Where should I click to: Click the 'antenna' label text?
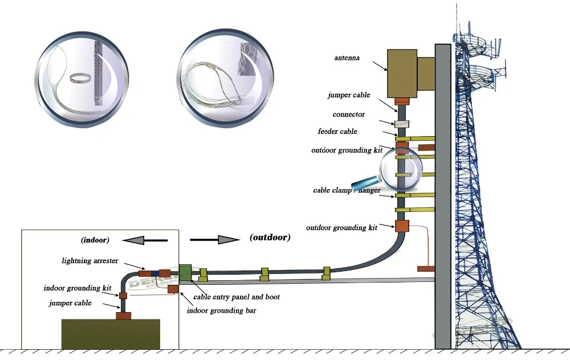tap(347, 58)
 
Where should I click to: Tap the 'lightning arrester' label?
tap(89, 261)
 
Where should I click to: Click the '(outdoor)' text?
tap(270, 238)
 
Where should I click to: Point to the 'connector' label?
tap(348, 114)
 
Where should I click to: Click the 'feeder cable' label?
tap(337, 132)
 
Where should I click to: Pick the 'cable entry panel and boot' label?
tap(237, 297)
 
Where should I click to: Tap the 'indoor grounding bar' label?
tap(221, 310)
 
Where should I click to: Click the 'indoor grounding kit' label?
tap(78, 288)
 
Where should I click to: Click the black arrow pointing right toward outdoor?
tap(213, 240)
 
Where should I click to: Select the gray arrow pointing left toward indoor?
tap(145, 240)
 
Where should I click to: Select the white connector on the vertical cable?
tap(402, 123)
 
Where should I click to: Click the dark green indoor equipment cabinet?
tap(111, 333)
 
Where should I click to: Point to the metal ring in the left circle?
tap(80, 77)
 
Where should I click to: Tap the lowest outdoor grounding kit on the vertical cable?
tap(402, 226)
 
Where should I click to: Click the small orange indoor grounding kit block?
tap(123, 296)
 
